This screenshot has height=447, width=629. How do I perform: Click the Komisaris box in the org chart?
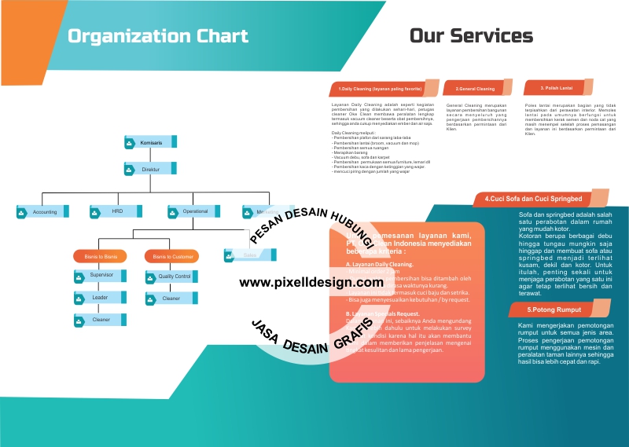click(x=150, y=142)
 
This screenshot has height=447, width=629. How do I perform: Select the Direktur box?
click(x=150, y=169)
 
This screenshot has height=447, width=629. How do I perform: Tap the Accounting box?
click(x=43, y=211)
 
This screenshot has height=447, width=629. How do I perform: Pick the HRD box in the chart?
click(x=116, y=211)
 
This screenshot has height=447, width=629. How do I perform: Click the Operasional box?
click(x=194, y=211)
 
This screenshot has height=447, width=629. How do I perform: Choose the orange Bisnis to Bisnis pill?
click(x=100, y=256)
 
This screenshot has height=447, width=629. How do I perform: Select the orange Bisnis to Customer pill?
click(x=171, y=256)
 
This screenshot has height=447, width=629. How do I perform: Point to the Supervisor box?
click(x=100, y=276)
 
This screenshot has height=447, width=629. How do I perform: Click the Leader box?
click(x=100, y=298)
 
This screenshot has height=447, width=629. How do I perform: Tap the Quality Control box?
click(x=172, y=277)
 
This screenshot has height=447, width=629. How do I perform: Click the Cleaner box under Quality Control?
click(x=171, y=299)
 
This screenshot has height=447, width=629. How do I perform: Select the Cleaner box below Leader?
click(x=100, y=320)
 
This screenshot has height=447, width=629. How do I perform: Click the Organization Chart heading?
click(x=157, y=36)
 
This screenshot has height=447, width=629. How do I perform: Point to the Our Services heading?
click(x=471, y=35)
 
